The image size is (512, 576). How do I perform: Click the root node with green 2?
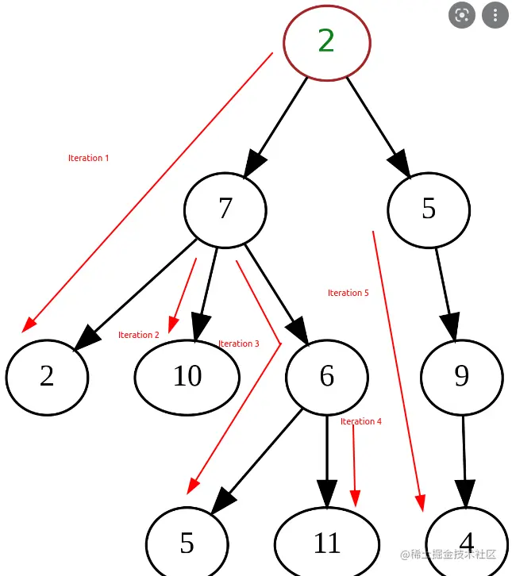tap(327, 42)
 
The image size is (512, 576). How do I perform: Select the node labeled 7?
tap(225, 209)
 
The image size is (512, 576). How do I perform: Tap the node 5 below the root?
tap(429, 209)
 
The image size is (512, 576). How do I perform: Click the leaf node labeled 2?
tap(47, 376)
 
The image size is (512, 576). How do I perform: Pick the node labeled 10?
tap(187, 377)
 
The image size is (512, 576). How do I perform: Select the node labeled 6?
tap(326, 377)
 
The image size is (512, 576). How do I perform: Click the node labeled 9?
tap(461, 377)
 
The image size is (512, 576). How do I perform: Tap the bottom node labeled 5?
tap(187, 543)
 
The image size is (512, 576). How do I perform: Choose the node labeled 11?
tap(326, 543)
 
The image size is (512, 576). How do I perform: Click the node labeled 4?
tap(467, 543)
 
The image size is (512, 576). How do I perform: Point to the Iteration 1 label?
tap(88, 158)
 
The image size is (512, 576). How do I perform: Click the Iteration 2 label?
tap(138, 335)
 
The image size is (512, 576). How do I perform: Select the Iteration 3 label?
tap(238, 344)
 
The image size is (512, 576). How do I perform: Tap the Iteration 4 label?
tap(360, 421)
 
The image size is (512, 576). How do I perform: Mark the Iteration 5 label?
tap(348, 293)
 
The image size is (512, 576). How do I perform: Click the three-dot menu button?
tap(495, 15)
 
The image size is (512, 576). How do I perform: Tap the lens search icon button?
tap(461, 15)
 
